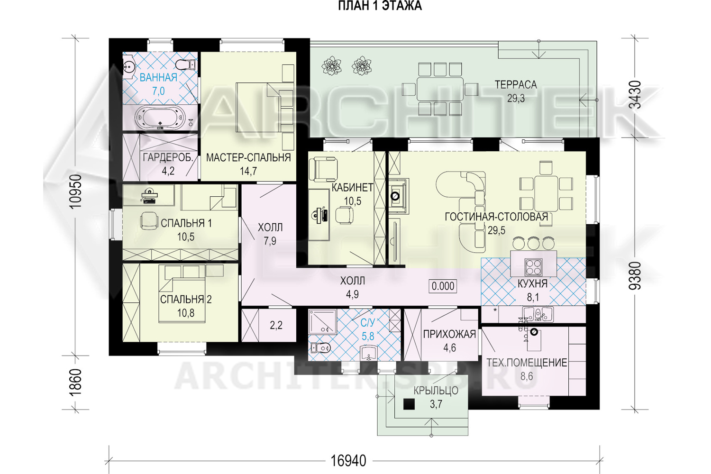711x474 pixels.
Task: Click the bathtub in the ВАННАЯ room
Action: click(160, 117)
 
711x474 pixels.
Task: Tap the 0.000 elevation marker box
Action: click(443, 286)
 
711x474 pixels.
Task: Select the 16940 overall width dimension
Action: click(348, 461)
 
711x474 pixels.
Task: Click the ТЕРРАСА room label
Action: click(516, 85)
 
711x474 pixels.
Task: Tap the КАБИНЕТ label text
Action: click(352, 188)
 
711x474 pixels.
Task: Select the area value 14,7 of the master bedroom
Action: click(248, 172)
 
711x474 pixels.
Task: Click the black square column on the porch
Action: click(409, 404)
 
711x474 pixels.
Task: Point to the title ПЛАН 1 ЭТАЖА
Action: click(380, 6)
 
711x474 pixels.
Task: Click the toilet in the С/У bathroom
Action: click(320, 348)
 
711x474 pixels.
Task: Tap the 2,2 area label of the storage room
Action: click(276, 325)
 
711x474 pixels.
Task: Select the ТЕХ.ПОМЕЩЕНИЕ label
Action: click(527, 363)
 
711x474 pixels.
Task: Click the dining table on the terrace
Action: click(440, 89)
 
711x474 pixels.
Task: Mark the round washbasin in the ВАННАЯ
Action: click(129, 67)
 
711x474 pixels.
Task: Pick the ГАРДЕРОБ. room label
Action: click(168, 157)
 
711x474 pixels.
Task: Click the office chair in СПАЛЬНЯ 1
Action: click(149, 220)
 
